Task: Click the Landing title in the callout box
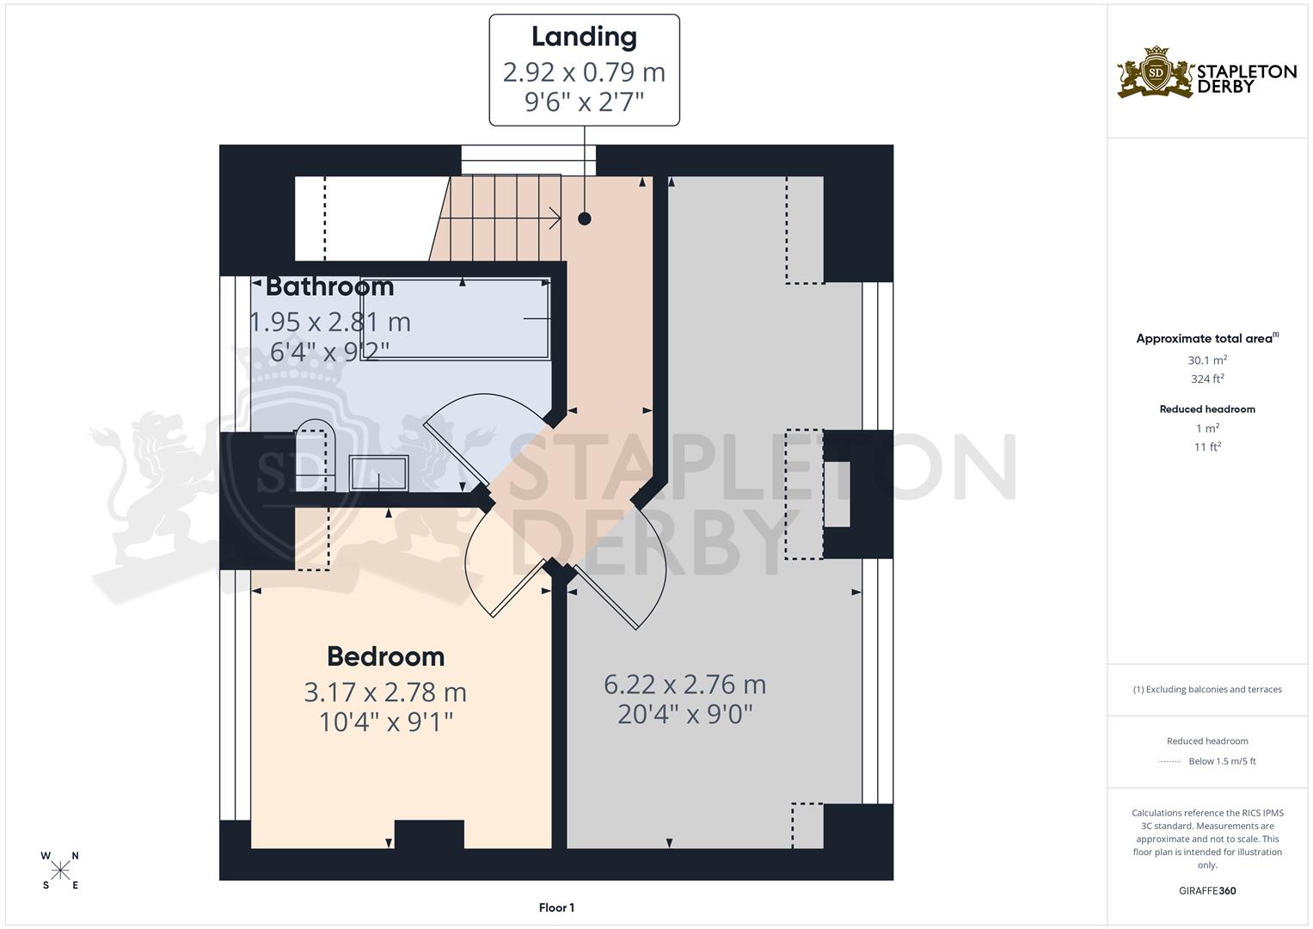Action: [x=584, y=37]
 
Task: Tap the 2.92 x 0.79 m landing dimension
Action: [x=584, y=72]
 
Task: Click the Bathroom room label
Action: [x=329, y=286]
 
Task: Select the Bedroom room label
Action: [x=385, y=656]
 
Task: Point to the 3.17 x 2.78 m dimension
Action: [x=385, y=692]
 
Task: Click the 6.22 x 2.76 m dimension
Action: [x=684, y=685]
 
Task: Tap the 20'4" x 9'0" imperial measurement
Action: [x=684, y=714]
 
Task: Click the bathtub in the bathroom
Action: [x=456, y=317]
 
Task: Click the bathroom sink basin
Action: [x=378, y=473]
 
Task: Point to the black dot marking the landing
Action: [x=585, y=218]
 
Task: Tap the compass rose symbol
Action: [x=60, y=871]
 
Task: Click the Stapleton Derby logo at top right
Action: [x=1206, y=73]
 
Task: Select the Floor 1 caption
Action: [x=556, y=907]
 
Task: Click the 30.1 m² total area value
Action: [x=1207, y=360]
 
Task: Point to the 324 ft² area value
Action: [x=1207, y=378]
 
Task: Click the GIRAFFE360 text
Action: [x=1207, y=890]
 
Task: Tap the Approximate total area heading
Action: [x=1206, y=338]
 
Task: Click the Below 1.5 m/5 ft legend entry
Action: [x=1221, y=761]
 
